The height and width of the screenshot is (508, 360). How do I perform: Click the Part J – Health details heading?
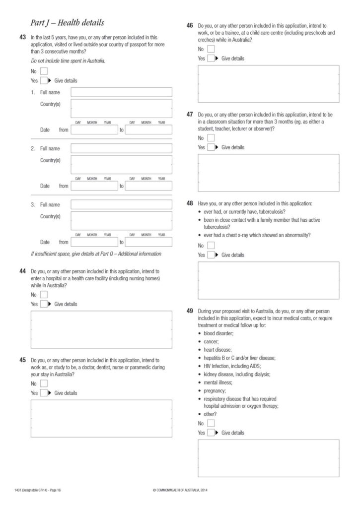pyautogui.click(x=68, y=22)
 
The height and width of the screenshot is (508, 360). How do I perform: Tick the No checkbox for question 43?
pyautogui.click(x=44, y=71)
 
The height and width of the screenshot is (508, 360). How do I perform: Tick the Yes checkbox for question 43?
pyautogui.click(x=44, y=80)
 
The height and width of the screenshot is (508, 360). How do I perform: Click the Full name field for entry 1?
pyautogui.click(x=122, y=92)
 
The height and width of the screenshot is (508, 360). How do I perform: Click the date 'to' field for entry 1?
pyautogui.click(x=148, y=130)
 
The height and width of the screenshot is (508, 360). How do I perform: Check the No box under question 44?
pyautogui.click(x=44, y=295)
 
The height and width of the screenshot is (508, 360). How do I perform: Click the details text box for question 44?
pyautogui.click(x=101, y=329)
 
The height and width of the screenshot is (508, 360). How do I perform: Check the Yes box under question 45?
pyautogui.click(x=44, y=393)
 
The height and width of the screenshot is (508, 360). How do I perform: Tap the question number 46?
pyautogui.click(x=190, y=25)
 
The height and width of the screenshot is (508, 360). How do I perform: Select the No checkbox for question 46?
pyautogui.click(x=211, y=49)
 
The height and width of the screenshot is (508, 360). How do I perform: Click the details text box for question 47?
pyautogui.click(x=268, y=173)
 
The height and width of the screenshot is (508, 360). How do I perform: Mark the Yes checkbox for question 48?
pyautogui.click(x=211, y=255)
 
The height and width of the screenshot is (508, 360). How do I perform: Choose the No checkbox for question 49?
pyautogui.click(x=211, y=423)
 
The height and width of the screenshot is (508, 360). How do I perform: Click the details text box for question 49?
pyautogui.click(x=268, y=457)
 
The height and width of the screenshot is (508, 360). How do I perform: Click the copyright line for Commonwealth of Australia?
pyautogui.click(x=180, y=491)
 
